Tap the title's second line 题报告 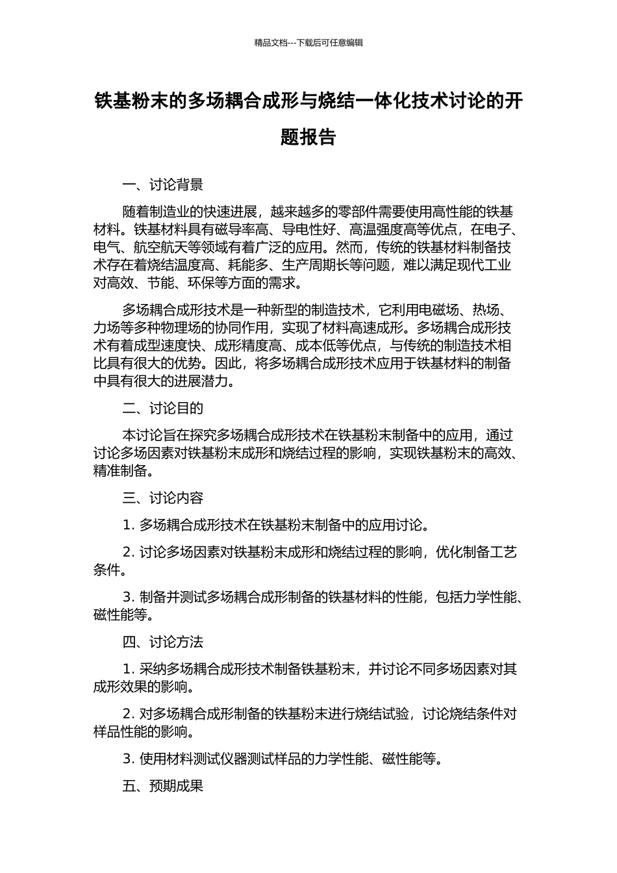pos(308,137)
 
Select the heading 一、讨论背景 pos(163,185)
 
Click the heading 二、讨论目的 pos(163,408)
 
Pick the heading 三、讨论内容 pos(163,498)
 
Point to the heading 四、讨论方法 pos(163,642)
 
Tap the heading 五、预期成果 pos(163,786)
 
